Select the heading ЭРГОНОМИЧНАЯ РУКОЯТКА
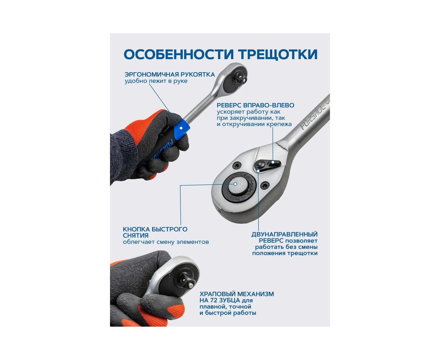(x=170, y=74)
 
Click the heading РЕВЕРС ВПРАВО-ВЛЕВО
(x=255, y=105)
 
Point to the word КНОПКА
(x=136, y=229)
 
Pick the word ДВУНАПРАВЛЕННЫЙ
(x=285, y=234)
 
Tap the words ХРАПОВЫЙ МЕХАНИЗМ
(x=236, y=294)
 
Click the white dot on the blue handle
(x=181, y=128)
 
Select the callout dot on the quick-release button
(x=235, y=184)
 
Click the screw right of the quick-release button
(x=265, y=184)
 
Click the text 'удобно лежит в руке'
(x=156, y=81)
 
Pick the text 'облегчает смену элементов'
(x=166, y=242)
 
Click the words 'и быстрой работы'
(x=228, y=319)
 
